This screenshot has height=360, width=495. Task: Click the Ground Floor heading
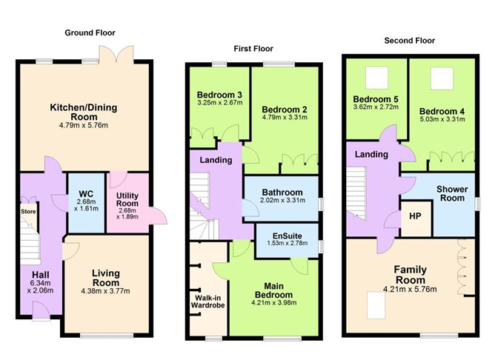[90, 33]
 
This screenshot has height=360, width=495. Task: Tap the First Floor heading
[253, 49]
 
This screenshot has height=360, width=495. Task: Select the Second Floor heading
[410, 41]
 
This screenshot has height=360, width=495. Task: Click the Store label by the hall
[28, 211]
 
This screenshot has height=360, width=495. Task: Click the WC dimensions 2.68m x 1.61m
[86, 205]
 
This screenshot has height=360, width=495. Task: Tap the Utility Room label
[127, 199]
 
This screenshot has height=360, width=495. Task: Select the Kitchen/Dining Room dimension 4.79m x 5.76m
[84, 125]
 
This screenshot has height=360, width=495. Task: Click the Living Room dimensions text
[105, 291]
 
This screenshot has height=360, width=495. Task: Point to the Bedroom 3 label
[219, 95]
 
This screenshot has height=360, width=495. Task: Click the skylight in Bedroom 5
[376, 78]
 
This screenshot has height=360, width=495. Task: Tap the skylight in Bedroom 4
[442, 79]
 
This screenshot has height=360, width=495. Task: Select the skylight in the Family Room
[376, 306]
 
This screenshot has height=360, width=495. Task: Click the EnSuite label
[288, 236]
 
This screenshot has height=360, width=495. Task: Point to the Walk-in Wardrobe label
[207, 301]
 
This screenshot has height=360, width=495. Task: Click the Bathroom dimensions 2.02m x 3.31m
[282, 200]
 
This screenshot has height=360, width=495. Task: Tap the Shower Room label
[452, 194]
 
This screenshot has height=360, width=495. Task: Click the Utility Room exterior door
[159, 216]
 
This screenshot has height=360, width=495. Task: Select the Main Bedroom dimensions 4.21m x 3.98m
[273, 303]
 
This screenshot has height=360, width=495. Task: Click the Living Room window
[107, 336]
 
